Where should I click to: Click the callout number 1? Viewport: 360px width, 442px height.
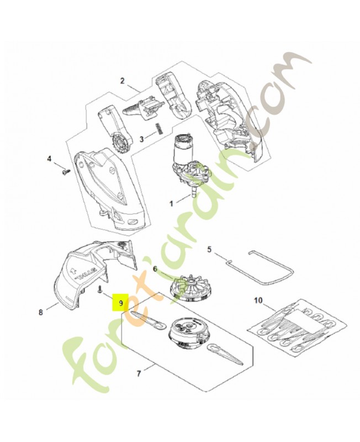[171, 203]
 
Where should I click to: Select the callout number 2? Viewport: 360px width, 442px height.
[122, 81]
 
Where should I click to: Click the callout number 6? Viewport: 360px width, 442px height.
[155, 269]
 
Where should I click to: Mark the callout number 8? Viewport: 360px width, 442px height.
[40, 312]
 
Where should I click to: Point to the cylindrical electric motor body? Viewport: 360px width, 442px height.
[180, 149]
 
